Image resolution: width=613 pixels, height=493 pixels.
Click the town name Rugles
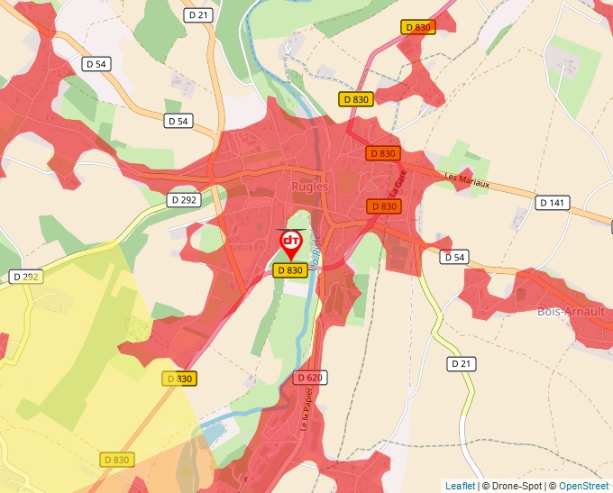click(310, 187)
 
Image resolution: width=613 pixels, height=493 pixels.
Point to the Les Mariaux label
click(467, 181)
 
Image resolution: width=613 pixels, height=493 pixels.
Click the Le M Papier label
click(306, 414)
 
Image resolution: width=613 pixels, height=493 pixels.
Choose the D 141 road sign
click(553, 204)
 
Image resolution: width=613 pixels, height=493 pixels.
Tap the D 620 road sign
click(308, 378)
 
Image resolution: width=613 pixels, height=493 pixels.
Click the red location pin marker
click(291, 243)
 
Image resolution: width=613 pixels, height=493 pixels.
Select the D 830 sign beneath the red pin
click(289, 269)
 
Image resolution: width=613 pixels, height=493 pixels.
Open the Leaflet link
click(460, 486)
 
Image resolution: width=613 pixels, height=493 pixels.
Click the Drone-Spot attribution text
click(512, 486)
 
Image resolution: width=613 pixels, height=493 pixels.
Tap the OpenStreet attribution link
click(584, 486)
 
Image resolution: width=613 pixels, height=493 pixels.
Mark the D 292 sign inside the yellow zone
click(25, 277)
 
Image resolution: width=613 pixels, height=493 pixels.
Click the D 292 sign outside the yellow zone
click(184, 200)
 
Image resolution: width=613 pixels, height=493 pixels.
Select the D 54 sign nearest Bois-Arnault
click(455, 258)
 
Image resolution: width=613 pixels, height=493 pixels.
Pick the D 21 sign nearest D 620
click(461, 363)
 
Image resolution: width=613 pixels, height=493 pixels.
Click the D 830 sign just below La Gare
click(384, 206)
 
